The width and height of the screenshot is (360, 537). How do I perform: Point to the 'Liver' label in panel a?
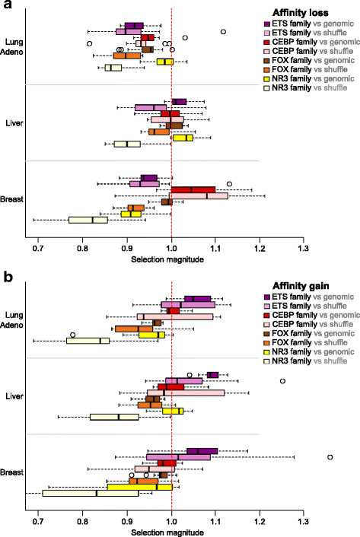(17, 122)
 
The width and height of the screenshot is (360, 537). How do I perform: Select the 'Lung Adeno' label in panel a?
(16, 46)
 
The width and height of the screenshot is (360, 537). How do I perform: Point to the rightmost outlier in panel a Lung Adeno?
(223, 32)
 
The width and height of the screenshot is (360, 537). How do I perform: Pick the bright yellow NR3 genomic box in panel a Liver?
(183, 138)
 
